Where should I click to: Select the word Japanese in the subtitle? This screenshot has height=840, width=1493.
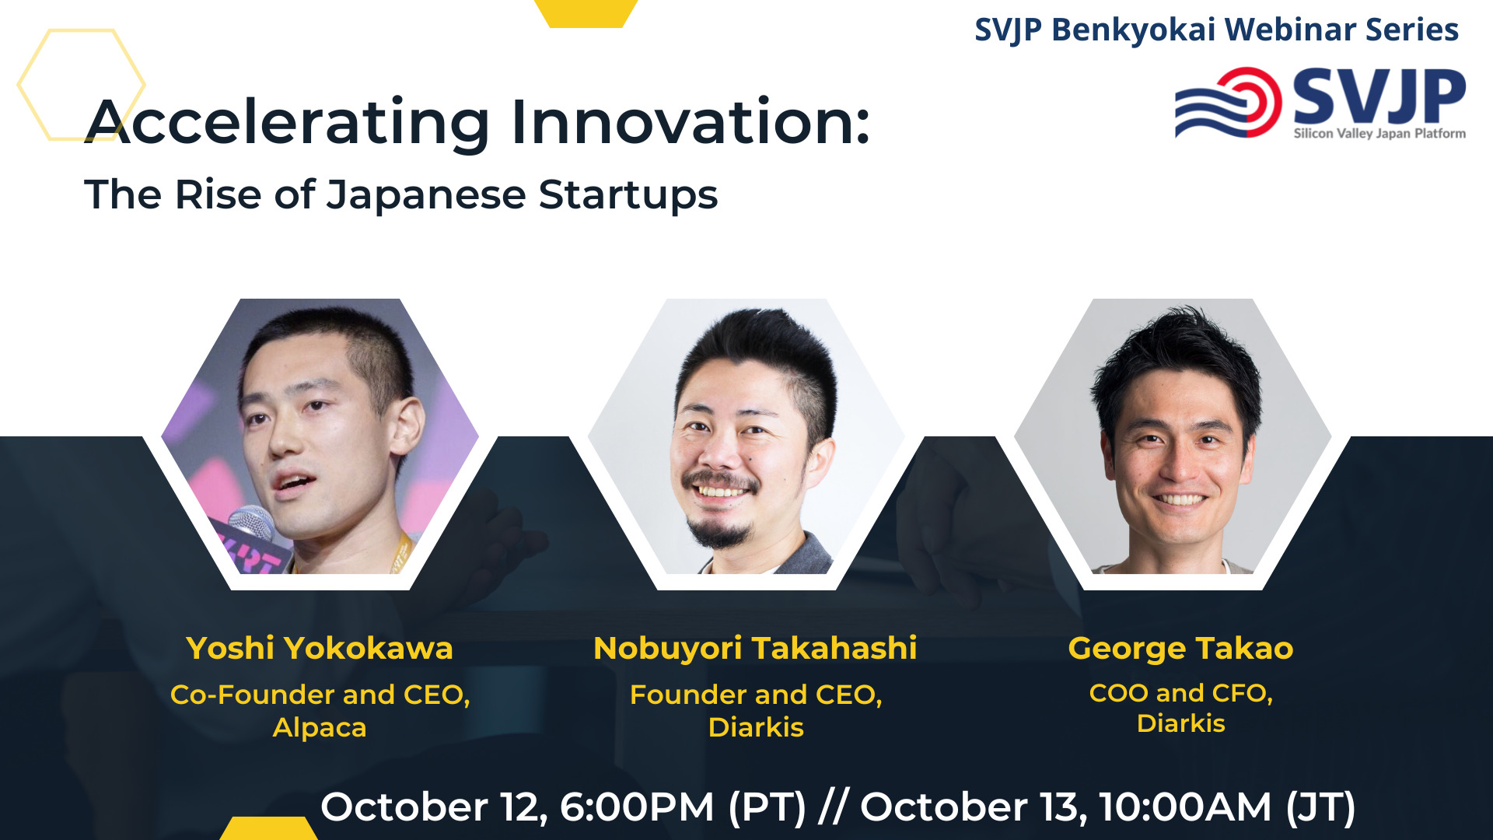coord(426,195)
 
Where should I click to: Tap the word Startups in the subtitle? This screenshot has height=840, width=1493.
coord(628,195)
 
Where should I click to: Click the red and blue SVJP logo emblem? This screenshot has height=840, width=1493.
coord(1229,103)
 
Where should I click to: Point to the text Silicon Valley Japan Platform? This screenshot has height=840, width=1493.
coord(1379,133)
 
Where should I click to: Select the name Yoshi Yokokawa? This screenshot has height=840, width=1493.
coord(320,649)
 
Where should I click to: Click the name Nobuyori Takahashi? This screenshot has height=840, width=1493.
coord(755,649)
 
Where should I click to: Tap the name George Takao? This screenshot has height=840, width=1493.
coord(1180,649)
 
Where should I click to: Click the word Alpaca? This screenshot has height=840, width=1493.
coord(320,728)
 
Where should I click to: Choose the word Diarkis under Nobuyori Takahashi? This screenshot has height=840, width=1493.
coord(756,727)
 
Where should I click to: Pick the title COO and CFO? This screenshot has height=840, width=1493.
coord(1180,692)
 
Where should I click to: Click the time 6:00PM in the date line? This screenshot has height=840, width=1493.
coord(637,807)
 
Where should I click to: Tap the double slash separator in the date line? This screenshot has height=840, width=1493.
coord(833,807)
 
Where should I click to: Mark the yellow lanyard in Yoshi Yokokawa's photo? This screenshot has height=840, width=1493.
coord(400,554)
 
